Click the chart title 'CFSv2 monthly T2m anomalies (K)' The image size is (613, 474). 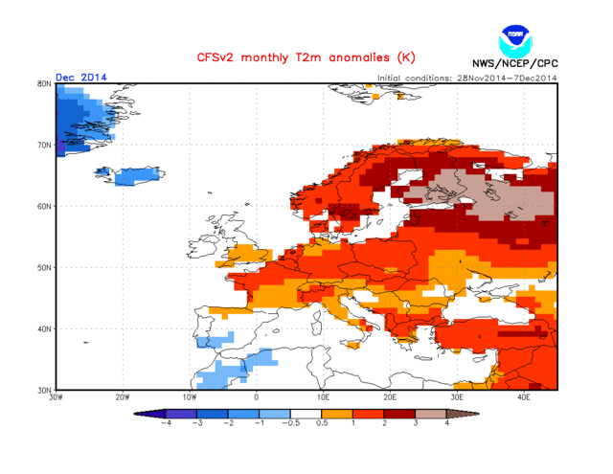pyautogui.click(x=306, y=58)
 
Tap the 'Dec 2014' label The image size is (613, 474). pyautogui.click(x=81, y=77)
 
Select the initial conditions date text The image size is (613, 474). pyautogui.click(x=467, y=78)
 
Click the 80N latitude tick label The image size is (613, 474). pyautogui.click(x=44, y=84)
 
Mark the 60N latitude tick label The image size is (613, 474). pyautogui.click(x=44, y=206)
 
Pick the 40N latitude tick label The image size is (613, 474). pyautogui.click(x=44, y=328)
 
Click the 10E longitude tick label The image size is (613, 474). pyautogui.click(x=323, y=396)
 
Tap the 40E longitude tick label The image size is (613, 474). pyautogui.click(x=524, y=396)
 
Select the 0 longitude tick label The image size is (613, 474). pyautogui.click(x=256, y=396)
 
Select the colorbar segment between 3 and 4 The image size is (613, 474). pyautogui.click(x=430, y=414)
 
